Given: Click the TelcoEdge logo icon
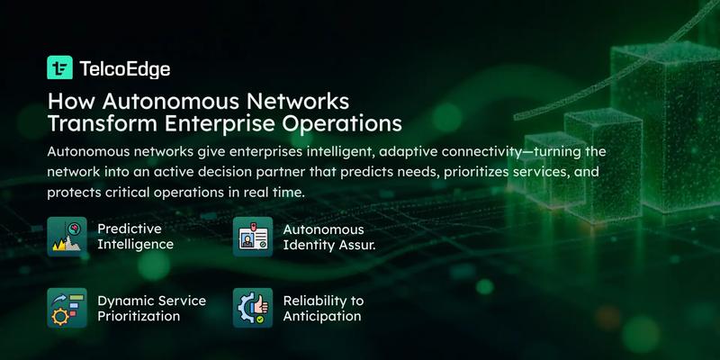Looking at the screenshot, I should (x=59, y=67).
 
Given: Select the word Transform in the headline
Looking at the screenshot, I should (x=98, y=121).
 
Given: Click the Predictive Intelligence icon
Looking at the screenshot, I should (x=67, y=237).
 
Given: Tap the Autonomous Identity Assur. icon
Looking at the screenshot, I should (x=253, y=237).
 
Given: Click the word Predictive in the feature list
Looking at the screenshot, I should (x=129, y=229).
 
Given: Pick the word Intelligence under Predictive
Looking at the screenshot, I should (x=135, y=245).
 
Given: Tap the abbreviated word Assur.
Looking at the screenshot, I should (x=358, y=245).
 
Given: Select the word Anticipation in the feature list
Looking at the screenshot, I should (x=322, y=317).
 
